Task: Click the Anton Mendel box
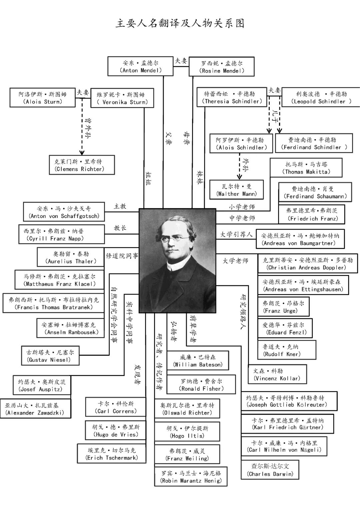click(x=140, y=66)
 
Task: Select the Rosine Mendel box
click(x=222, y=67)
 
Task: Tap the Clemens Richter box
click(x=82, y=165)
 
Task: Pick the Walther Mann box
click(x=236, y=190)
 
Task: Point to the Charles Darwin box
click(x=270, y=470)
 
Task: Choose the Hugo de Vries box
click(x=116, y=431)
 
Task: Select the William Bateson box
click(x=198, y=361)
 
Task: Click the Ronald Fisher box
click(x=201, y=385)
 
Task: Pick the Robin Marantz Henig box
click(x=191, y=477)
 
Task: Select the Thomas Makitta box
click(x=306, y=168)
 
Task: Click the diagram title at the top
click(x=180, y=23)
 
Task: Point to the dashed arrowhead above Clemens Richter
click(x=82, y=152)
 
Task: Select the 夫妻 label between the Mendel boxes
click(x=181, y=61)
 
